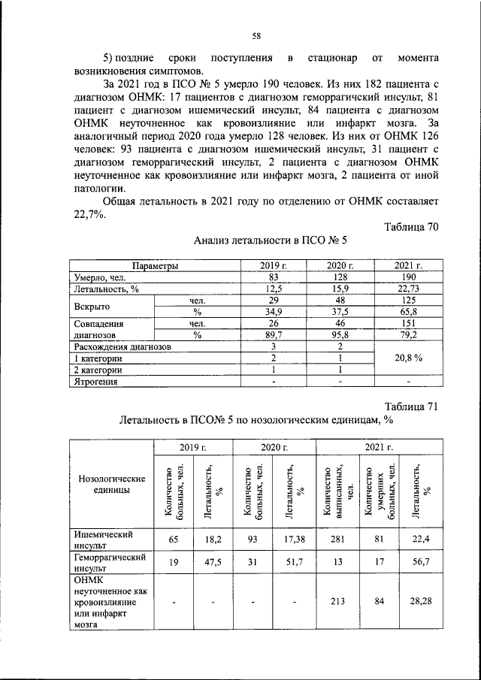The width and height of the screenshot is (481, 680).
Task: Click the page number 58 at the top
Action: (256, 36)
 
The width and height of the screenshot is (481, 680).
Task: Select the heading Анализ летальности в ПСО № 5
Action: (270, 241)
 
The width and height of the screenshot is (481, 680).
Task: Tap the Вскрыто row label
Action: (93, 307)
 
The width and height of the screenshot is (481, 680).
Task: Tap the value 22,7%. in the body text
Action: (88, 213)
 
